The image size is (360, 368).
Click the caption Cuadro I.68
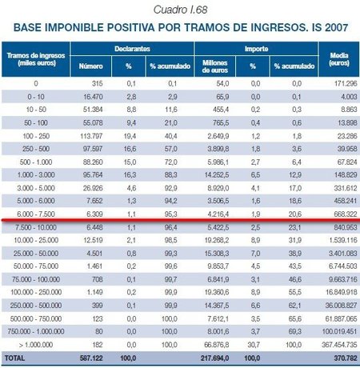[x=180, y=9]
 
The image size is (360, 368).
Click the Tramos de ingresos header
[x=37, y=59]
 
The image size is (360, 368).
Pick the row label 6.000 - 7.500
[x=37, y=214]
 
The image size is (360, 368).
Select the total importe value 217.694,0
[x=212, y=357]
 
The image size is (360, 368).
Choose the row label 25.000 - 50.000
[x=37, y=253]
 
